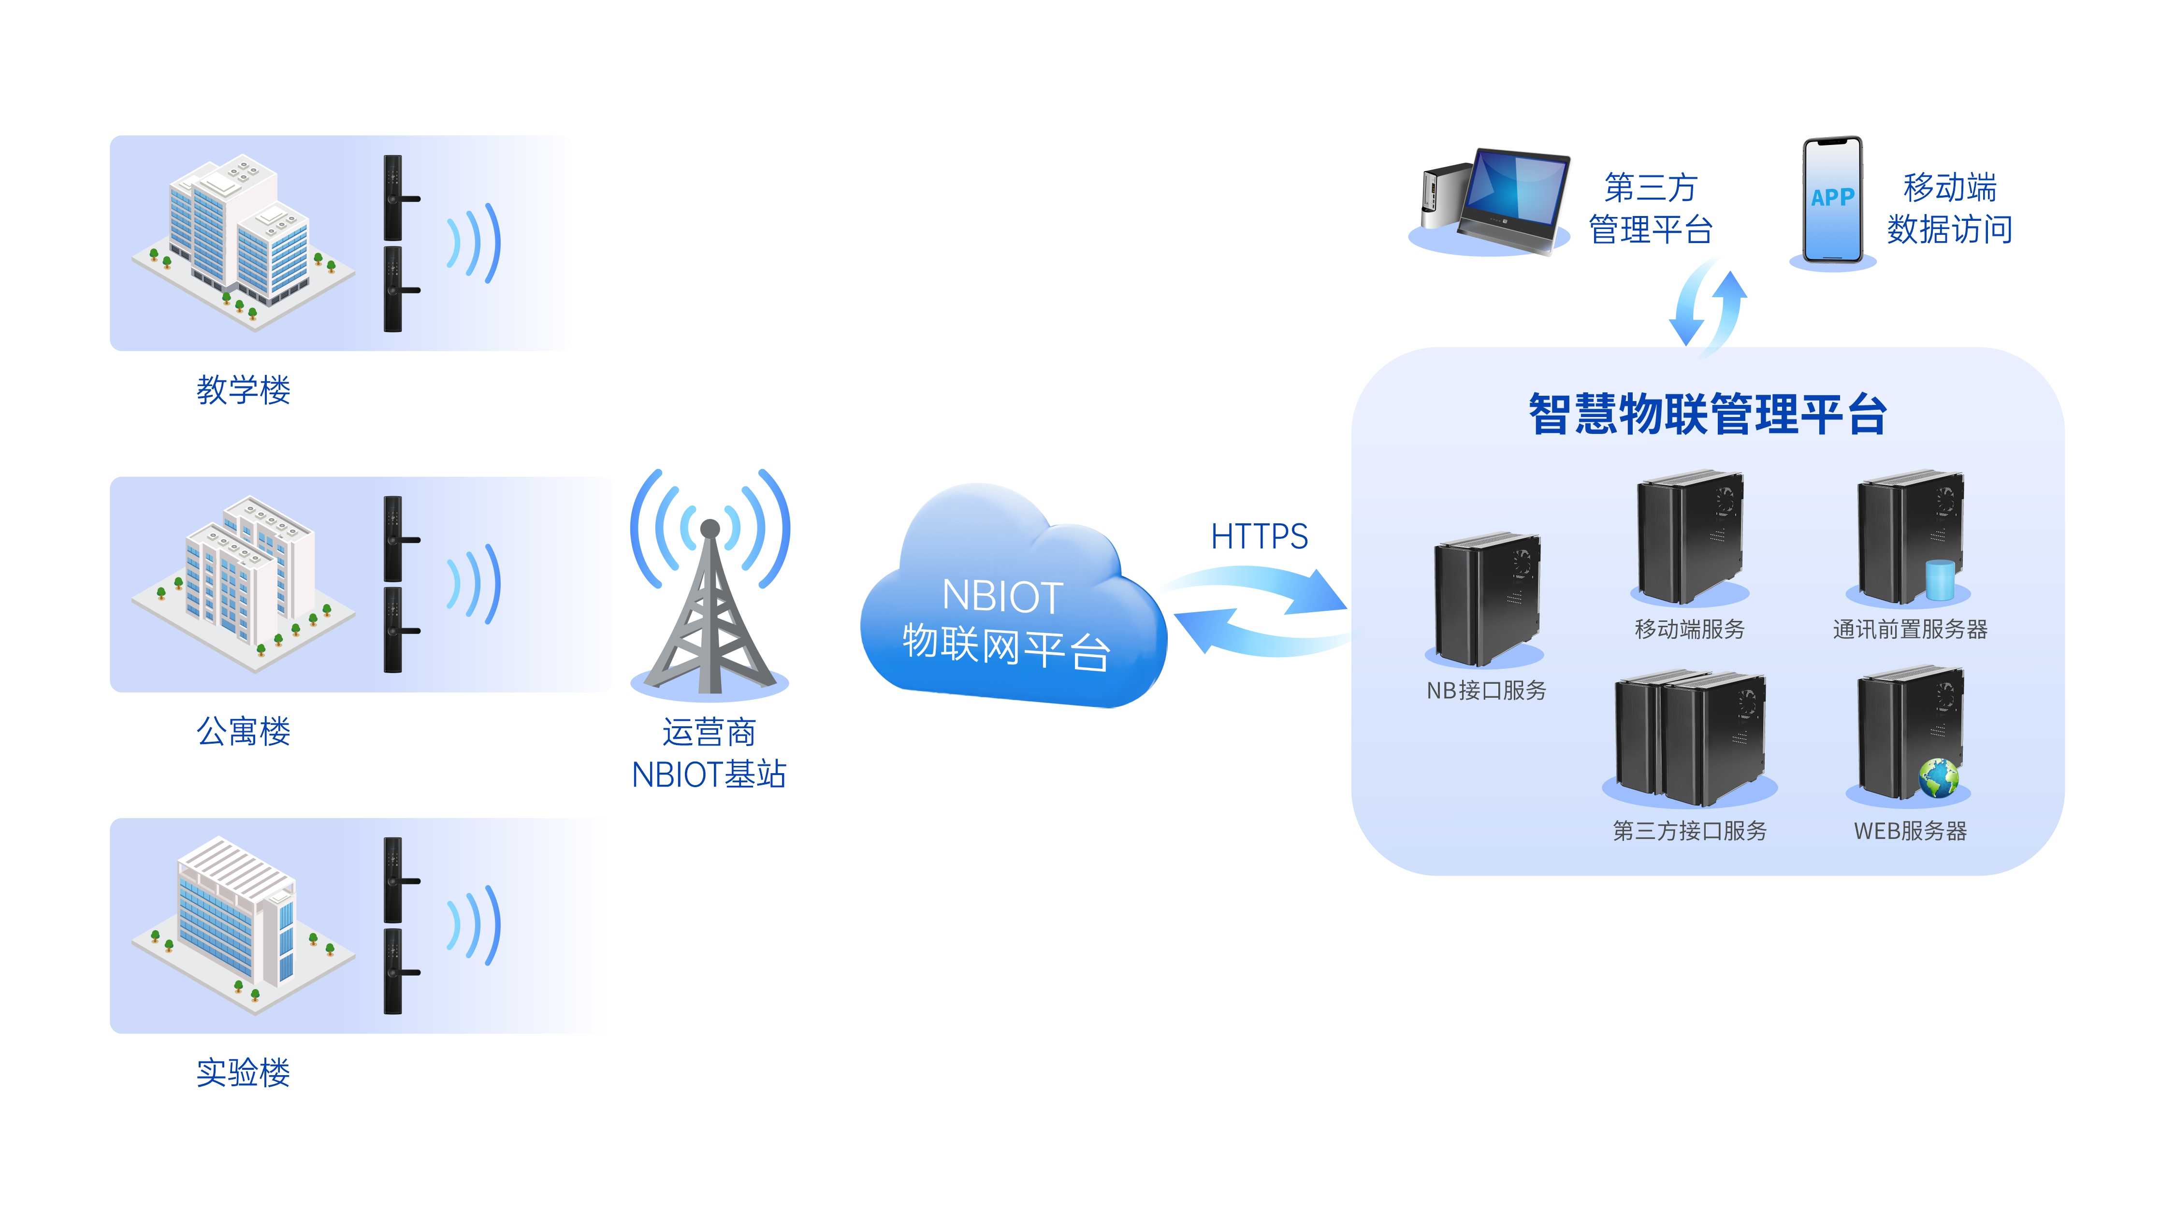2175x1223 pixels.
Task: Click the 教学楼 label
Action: click(x=243, y=390)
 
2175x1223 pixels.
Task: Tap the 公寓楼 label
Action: click(x=243, y=731)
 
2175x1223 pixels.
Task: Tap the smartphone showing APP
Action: click(x=1832, y=201)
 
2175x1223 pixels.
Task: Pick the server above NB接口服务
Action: click(x=1486, y=599)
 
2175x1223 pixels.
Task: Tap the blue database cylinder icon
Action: click(x=1940, y=578)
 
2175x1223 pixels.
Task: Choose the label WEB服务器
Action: click(x=1910, y=832)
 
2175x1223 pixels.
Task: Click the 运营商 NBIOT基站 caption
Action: click(x=709, y=753)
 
